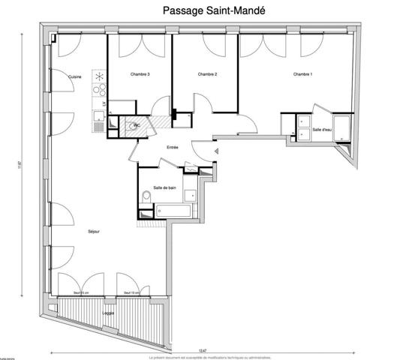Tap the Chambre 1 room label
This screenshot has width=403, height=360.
302,74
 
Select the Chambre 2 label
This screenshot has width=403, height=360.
207,74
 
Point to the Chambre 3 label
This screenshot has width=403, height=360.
140,74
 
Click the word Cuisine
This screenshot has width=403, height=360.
74,77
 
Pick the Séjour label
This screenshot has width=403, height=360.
94,232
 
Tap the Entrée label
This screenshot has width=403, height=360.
173,148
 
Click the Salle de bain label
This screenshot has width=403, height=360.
164,187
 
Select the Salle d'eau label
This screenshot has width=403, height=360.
322,129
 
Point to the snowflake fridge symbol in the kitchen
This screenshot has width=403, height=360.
98,76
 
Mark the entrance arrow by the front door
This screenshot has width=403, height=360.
215,152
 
